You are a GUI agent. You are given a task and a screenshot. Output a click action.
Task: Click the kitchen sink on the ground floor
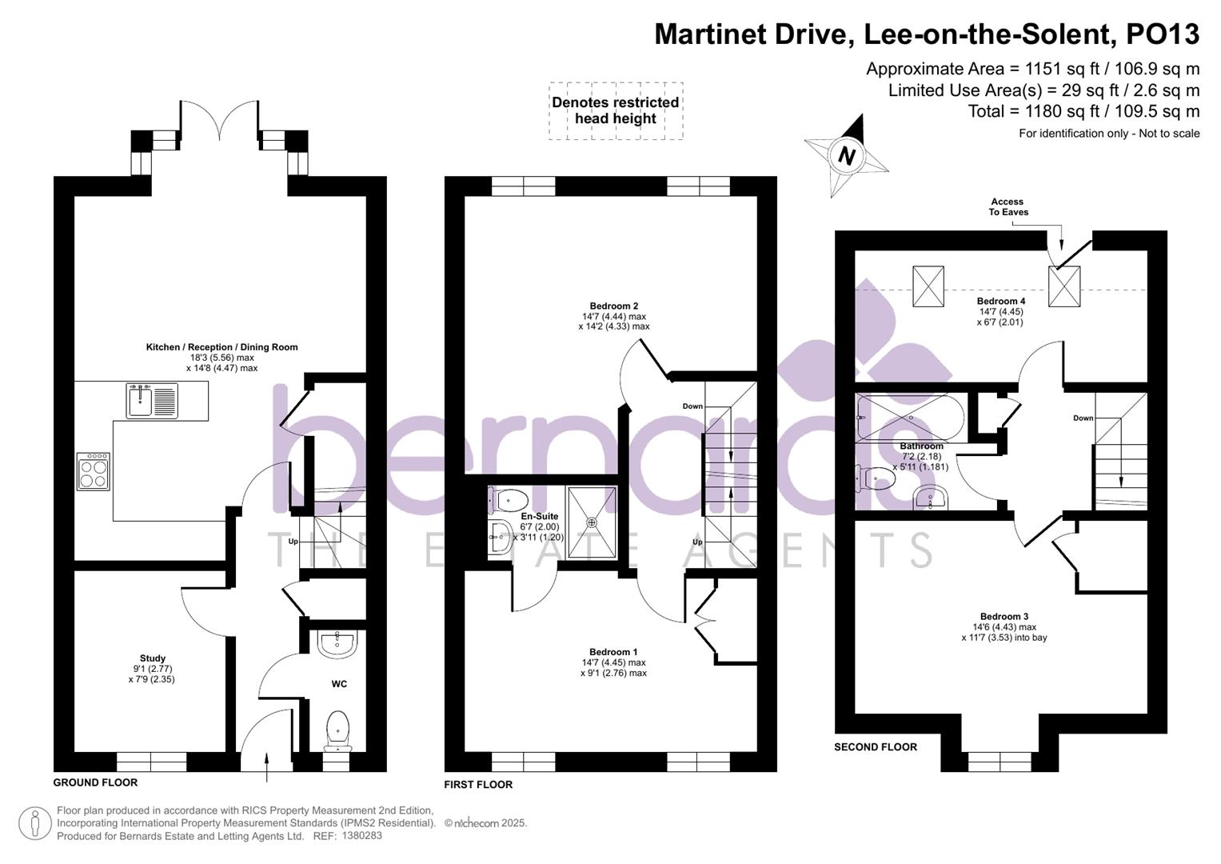tap(152, 400)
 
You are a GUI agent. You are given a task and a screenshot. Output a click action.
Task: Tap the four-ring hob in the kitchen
tap(94, 471)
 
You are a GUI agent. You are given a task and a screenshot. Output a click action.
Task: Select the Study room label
tap(152, 658)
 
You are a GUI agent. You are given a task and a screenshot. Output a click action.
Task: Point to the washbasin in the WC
tap(337, 644)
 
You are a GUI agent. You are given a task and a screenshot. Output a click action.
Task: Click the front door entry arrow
tap(266, 767)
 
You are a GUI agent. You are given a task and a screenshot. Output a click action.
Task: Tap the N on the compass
tap(846, 156)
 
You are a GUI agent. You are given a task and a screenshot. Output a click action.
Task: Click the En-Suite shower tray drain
tap(592, 522)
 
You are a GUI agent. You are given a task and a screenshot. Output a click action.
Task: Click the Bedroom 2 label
tap(614, 306)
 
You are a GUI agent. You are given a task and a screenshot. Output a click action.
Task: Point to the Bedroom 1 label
tap(613, 652)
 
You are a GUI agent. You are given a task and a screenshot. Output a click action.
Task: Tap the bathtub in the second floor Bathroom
tap(911, 418)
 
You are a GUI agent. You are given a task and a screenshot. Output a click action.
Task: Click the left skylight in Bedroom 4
tap(928, 286)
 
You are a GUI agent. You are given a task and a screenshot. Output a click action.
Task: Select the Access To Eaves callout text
tap(1008, 206)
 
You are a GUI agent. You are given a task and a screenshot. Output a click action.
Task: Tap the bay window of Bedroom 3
tap(1000, 762)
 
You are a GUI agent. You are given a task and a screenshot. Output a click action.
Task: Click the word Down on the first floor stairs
tap(692, 406)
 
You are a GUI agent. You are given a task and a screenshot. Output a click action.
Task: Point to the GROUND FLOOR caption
tap(95, 782)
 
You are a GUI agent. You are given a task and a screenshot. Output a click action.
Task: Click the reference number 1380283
tap(362, 835)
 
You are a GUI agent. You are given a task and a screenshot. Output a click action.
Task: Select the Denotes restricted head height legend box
tap(616, 110)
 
